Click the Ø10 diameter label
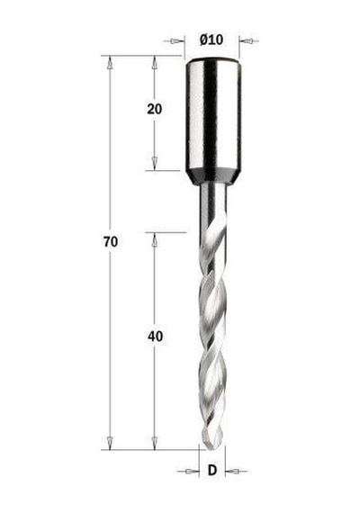tap(211, 40)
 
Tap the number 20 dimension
tap(155, 109)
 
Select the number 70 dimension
tap(111, 242)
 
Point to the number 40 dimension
tap(155, 337)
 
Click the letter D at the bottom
tap(212, 471)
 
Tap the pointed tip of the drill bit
tap(211, 449)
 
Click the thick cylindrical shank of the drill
tap(213, 114)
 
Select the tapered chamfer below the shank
tap(213, 177)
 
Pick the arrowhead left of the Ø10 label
tap(175, 41)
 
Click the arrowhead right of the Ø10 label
tap(247, 41)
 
